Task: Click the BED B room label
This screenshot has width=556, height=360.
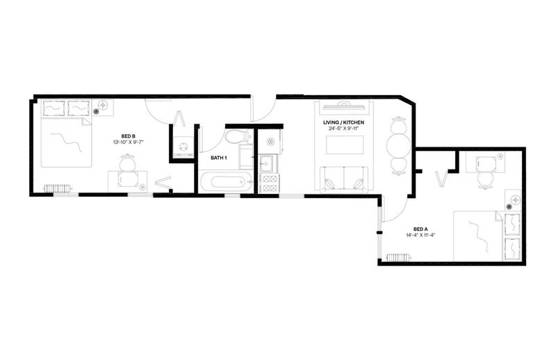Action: click(128, 136)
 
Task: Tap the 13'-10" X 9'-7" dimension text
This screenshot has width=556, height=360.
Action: click(128, 142)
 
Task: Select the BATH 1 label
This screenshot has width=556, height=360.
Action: click(219, 158)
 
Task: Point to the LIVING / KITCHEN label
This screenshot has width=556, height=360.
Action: click(343, 123)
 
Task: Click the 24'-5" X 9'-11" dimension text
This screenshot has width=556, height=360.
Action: click(343, 129)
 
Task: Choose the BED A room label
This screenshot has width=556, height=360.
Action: click(420, 229)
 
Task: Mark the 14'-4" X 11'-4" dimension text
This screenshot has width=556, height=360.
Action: click(420, 235)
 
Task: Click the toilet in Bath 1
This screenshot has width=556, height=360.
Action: click(236, 136)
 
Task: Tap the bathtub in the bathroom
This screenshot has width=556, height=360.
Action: click(225, 182)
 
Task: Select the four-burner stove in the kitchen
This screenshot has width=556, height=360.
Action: click(269, 183)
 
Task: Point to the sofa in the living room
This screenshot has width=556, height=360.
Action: click(344, 180)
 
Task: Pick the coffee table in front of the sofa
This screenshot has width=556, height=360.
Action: click(345, 145)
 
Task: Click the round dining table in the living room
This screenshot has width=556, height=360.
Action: click(398, 145)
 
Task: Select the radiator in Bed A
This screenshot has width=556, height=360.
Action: click(398, 257)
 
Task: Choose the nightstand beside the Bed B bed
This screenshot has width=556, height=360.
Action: click(103, 108)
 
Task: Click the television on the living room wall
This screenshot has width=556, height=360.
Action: click(343, 104)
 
